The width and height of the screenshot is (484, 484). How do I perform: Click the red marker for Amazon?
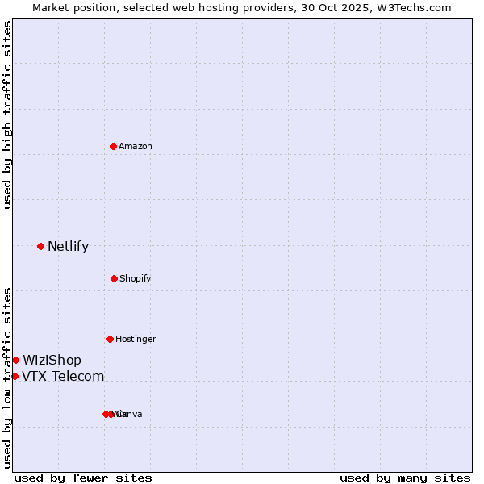[114, 146]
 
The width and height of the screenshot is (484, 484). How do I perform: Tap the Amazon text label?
[136, 147]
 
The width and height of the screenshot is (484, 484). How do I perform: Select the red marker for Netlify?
[40, 246]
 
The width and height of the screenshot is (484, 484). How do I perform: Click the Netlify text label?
[69, 247]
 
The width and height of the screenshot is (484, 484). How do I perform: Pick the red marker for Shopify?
[114, 278]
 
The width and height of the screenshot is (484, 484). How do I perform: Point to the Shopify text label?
[136, 279]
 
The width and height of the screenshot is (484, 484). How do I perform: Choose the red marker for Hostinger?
[110, 339]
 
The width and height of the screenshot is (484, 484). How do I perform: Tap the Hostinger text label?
[136, 340]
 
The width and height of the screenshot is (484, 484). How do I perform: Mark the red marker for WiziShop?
[15, 360]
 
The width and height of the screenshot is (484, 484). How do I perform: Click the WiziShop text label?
[52, 361]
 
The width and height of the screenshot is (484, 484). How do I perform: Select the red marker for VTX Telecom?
[15, 376]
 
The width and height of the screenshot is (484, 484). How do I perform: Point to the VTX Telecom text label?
[64, 377]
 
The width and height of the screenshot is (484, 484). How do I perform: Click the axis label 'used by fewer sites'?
[83, 478]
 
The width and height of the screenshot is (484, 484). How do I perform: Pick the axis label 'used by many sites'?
[405, 478]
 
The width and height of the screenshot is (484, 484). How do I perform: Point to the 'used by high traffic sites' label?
[7, 115]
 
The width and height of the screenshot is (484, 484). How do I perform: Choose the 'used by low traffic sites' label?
[7, 378]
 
